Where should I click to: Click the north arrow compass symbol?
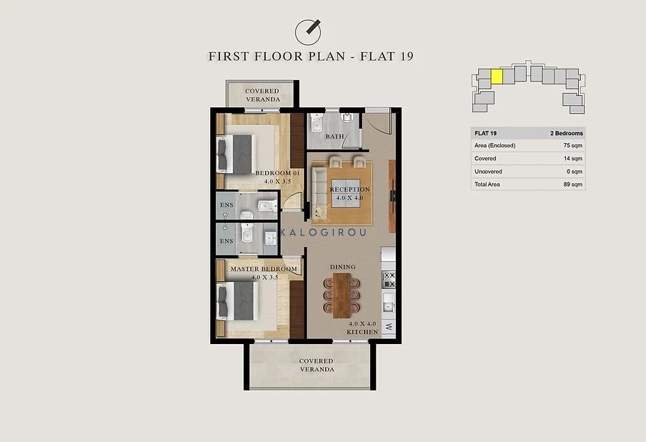(x=308, y=31)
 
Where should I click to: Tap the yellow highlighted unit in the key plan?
(x=497, y=77)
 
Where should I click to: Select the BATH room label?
(x=334, y=137)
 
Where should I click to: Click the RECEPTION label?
(x=349, y=190)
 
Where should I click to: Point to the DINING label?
(x=343, y=267)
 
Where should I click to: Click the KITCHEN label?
(x=362, y=332)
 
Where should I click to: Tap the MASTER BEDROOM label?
(x=264, y=269)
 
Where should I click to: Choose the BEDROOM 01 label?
(x=277, y=173)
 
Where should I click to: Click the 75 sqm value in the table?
(x=572, y=146)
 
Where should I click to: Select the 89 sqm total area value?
(x=572, y=185)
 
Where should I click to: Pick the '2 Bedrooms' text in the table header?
(x=567, y=133)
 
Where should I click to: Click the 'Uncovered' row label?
(x=488, y=172)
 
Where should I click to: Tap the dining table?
(x=342, y=295)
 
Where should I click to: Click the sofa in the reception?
(x=318, y=191)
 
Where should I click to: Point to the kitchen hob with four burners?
(x=389, y=280)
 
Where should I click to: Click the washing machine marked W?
(x=389, y=327)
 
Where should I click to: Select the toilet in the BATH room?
(x=317, y=123)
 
